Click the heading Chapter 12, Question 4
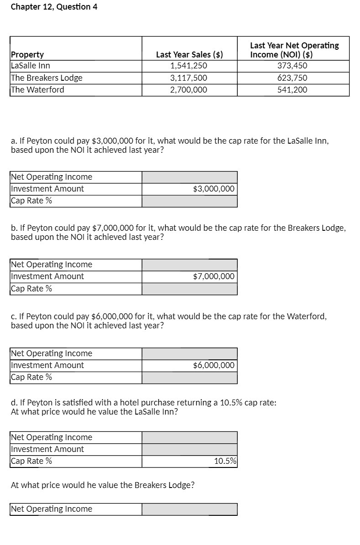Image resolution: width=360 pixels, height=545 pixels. click(x=54, y=7)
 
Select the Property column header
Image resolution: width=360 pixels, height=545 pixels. click(x=27, y=55)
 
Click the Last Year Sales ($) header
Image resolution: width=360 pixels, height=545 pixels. click(x=189, y=55)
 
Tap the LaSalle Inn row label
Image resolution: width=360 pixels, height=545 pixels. click(x=31, y=65)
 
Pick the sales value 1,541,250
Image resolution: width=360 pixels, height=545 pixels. click(x=188, y=65)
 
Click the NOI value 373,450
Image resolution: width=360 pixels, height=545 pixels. click(x=292, y=65)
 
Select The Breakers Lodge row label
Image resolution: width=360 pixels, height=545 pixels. click(x=47, y=78)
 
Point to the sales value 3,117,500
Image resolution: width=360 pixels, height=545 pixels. click(x=188, y=78)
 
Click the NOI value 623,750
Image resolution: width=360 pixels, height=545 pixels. click(x=292, y=78)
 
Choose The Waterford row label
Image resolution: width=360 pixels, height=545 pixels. click(x=37, y=89)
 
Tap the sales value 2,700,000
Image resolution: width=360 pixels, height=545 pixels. click(x=188, y=90)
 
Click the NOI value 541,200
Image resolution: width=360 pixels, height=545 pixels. click(x=292, y=90)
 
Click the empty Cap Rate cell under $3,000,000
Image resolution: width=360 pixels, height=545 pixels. click(x=189, y=201)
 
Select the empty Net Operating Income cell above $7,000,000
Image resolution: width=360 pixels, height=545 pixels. click(x=189, y=265)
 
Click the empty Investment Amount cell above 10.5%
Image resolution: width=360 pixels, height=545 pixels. click(x=189, y=449)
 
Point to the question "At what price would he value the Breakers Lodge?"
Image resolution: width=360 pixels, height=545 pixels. click(x=103, y=485)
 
